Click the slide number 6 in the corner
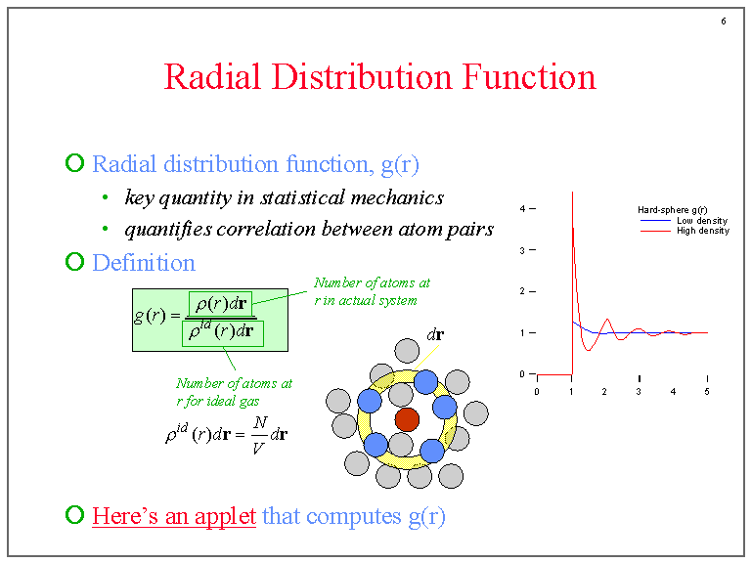(x=723, y=22)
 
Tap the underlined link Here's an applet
(x=173, y=515)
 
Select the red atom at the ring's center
(x=407, y=420)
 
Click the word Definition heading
(x=143, y=263)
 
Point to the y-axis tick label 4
(x=523, y=209)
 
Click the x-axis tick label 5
(x=707, y=392)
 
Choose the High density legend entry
(x=702, y=231)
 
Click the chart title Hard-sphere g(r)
(x=673, y=210)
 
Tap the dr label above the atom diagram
(x=435, y=334)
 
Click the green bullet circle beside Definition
(x=74, y=262)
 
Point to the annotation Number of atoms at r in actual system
(x=371, y=291)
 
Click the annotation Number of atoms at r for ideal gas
(x=234, y=392)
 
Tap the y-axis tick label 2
(x=523, y=291)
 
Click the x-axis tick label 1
(x=570, y=392)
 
